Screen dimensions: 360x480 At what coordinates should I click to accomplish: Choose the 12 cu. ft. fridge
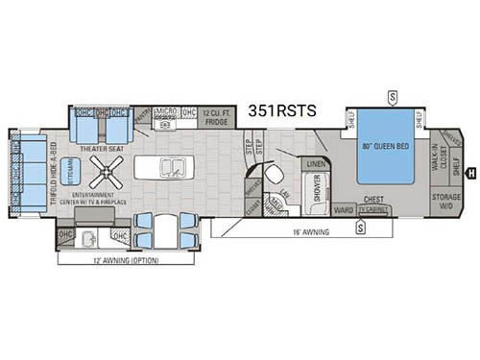point(213,121)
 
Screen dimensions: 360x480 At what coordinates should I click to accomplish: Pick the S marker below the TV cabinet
point(359,228)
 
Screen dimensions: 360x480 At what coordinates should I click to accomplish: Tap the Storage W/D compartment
point(446,198)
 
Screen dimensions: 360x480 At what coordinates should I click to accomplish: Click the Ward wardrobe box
point(343,209)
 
